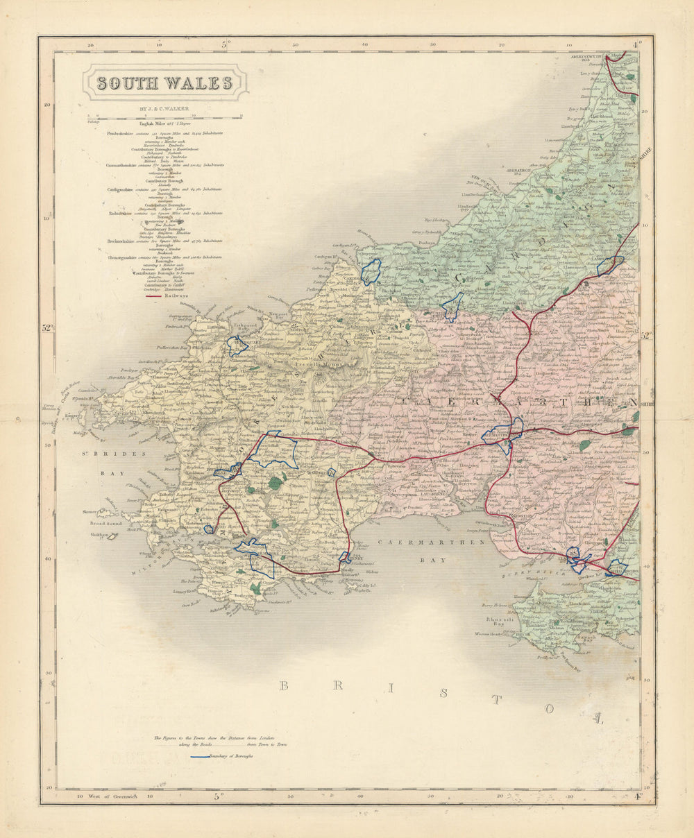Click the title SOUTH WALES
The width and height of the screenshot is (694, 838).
tap(164, 83)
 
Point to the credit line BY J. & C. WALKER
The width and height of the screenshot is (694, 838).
tap(164, 109)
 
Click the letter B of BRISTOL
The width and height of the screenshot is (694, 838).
tap(283, 686)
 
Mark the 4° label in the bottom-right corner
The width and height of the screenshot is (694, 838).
tap(636, 796)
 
